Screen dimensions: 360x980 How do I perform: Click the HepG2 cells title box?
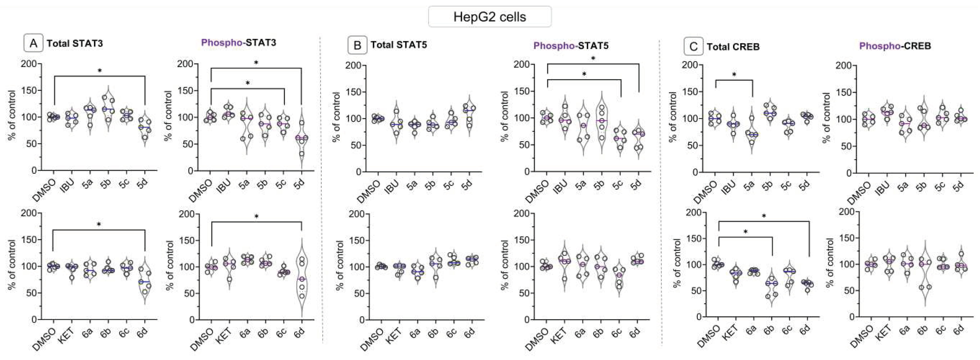tap(490, 17)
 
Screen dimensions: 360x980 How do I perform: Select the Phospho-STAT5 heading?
tap(571, 46)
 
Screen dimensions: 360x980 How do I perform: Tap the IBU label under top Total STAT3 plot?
tap(69, 185)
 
